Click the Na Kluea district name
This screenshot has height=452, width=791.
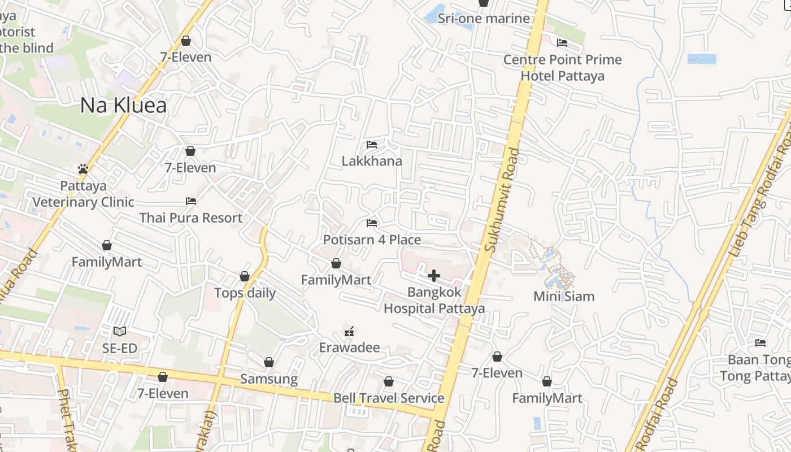(123, 105)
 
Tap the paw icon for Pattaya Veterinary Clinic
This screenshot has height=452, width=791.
(83, 169)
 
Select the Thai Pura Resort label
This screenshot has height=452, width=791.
(190, 218)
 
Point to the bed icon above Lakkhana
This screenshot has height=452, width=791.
(371, 145)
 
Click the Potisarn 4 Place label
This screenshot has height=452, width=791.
(372, 240)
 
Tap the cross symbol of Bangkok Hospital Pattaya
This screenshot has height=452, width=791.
(434, 276)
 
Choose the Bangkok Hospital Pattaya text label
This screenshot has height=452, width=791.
(434, 301)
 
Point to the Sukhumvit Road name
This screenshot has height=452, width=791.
(501, 199)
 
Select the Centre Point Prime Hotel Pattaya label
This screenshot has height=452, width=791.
(562, 68)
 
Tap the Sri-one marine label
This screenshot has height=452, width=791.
(484, 19)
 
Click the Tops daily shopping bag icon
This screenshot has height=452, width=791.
(245, 276)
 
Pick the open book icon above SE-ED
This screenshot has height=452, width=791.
(120, 332)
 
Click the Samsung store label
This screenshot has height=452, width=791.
(269, 379)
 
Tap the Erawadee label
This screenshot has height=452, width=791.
(349, 347)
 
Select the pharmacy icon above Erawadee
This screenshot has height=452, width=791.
(350, 332)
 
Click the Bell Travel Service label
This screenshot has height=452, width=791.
(389, 398)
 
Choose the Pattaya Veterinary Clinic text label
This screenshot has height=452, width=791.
(83, 194)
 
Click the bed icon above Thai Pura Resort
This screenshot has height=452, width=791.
(191, 201)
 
